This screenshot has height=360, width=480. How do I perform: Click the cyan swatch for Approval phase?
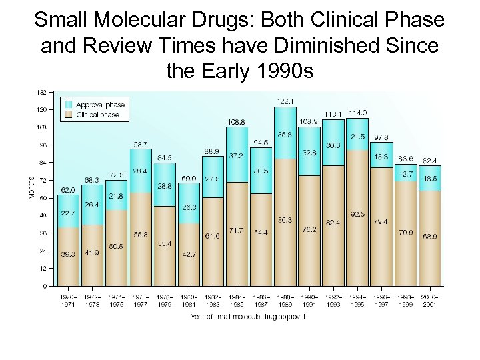point(68,105)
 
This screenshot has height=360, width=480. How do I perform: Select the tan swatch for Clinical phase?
point(68,114)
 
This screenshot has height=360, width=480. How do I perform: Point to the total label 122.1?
point(286,101)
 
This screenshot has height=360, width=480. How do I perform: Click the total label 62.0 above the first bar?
point(68,190)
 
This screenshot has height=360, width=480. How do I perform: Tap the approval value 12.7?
point(407,173)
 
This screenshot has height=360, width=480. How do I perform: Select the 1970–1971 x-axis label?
point(68,301)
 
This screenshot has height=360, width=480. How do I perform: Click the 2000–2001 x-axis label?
point(431,301)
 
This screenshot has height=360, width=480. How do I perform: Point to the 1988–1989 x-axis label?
point(286,301)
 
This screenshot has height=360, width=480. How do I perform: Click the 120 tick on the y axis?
point(41,109)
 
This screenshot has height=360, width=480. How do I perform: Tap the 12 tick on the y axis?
point(43,269)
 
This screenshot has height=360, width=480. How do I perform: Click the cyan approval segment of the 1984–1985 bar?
point(237,155)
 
